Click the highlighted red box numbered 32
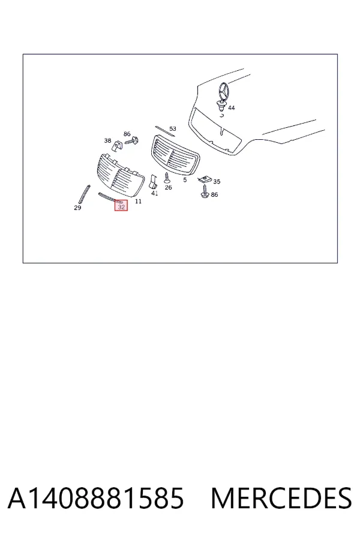tap(121, 205)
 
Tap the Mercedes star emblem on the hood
tap(223, 91)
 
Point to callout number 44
tap(232, 108)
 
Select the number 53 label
tap(173, 128)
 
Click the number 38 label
tap(108, 140)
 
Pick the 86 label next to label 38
tap(127, 134)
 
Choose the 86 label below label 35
tap(215, 194)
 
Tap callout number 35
tap(217, 181)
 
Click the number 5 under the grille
tap(185, 180)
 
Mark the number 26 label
tap(168, 187)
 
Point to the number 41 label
tap(155, 193)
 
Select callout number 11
tap(138, 201)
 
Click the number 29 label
tap(77, 208)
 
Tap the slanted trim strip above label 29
tap(85, 194)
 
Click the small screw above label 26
tap(167, 178)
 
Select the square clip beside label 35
tap(204, 179)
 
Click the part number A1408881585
tap(96, 498)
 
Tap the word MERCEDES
tap(281, 498)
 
